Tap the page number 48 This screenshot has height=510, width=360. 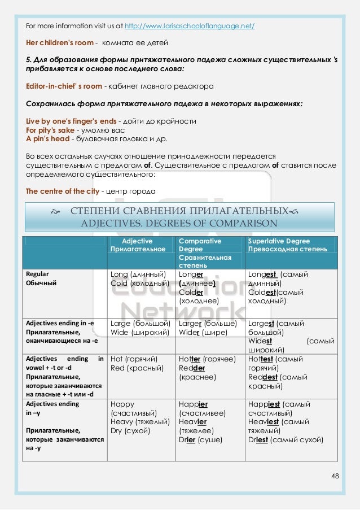point(335,476)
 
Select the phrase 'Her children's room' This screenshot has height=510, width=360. point(59,43)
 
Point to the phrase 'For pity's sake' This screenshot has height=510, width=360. point(50,130)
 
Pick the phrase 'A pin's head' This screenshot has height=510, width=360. point(47,139)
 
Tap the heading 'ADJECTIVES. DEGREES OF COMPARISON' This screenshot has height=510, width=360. point(179,223)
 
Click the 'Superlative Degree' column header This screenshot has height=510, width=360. point(279,241)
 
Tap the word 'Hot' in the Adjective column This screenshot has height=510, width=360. point(117,359)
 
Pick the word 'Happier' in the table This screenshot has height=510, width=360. point(193,404)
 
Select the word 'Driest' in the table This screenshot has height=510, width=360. point(257,439)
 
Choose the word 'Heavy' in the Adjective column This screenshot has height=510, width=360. point(122,422)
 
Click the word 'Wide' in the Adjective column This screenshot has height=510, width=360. point(120,333)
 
